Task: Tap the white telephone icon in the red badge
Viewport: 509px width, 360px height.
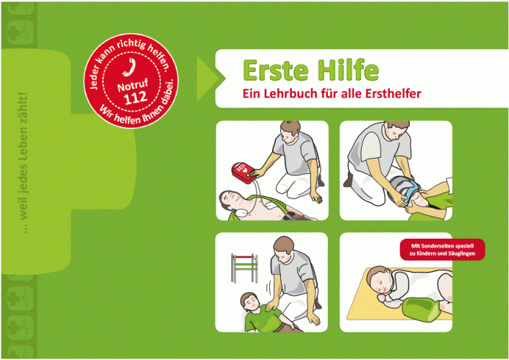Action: [x=131, y=67]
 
